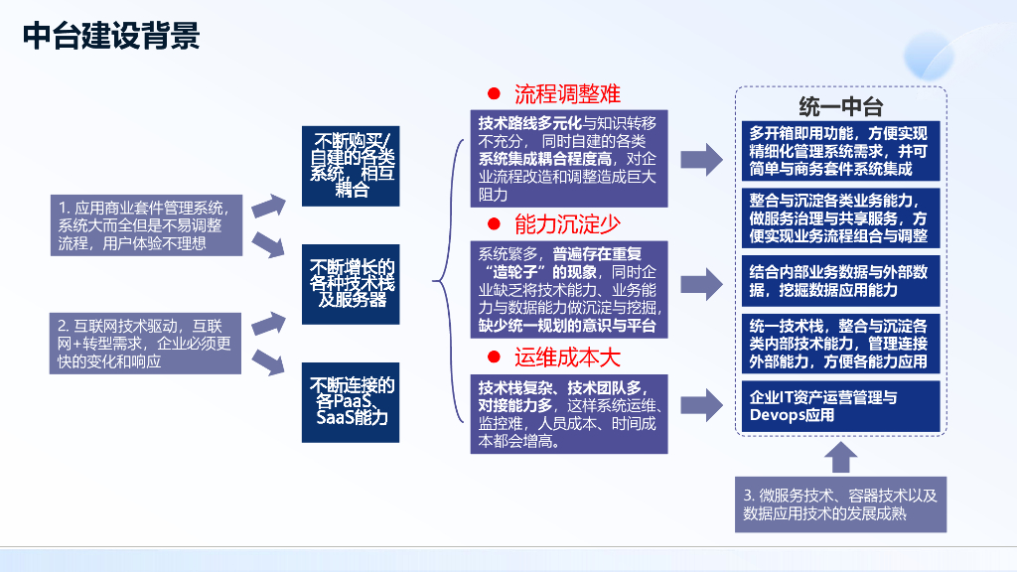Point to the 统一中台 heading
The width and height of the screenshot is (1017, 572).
point(840,105)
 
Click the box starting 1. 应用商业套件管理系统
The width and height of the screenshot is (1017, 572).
point(146,225)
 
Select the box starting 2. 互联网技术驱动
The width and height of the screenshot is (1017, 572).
point(146,343)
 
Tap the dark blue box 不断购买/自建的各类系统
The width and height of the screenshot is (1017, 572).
point(352,165)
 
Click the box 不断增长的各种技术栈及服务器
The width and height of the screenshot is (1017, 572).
point(352,283)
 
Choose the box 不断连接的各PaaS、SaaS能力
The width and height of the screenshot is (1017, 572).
point(352,401)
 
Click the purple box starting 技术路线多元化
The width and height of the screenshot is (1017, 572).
point(568,157)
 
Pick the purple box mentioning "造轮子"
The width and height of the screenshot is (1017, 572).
point(568,289)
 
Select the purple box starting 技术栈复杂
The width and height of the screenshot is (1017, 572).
point(568,413)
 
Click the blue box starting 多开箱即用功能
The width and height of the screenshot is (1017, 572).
point(839,150)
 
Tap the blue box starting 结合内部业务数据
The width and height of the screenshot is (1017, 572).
point(839,280)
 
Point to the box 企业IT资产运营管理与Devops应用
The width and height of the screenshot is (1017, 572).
point(839,406)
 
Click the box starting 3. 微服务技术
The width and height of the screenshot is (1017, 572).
point(840,503)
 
